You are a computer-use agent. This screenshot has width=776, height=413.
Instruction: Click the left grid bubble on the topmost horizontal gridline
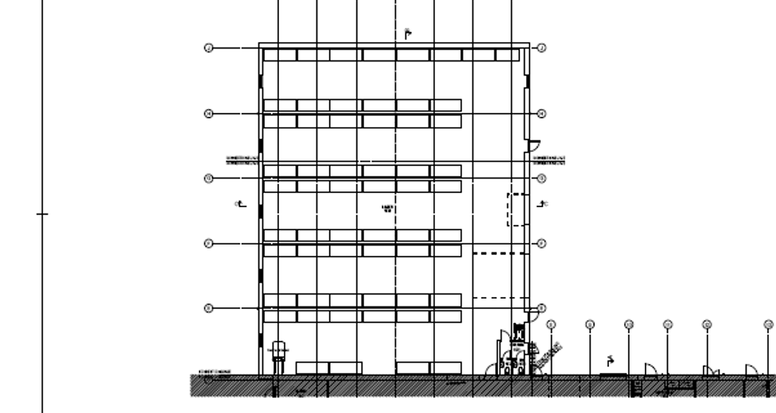[x=208, y=48]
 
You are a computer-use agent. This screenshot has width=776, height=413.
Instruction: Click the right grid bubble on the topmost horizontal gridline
[x=541, y=48]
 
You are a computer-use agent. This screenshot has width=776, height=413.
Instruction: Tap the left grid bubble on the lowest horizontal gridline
[x=208, y=308]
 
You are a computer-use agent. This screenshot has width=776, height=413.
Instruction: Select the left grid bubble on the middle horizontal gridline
[x=208, y=178]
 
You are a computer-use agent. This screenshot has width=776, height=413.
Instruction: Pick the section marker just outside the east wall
[x=543, y=205]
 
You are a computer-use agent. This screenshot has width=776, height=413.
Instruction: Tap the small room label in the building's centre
[x=388, y=209]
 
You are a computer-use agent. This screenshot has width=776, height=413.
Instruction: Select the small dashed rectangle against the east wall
[x=517, y=210]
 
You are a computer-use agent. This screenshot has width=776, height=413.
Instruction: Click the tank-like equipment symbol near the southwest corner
[x=278, y=354]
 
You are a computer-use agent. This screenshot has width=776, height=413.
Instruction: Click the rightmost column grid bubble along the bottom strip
[x=769, y=324]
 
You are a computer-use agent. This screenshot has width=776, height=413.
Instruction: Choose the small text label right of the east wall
[x=549, y=160]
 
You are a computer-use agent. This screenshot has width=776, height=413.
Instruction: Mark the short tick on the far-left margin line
[x=42, y=214]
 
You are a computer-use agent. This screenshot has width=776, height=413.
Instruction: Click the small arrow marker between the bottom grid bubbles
[x=611, y=359]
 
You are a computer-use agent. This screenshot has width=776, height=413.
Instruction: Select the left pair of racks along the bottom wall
[x=329, y=368]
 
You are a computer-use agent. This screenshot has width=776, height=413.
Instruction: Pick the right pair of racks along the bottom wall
[x=429, y=368]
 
